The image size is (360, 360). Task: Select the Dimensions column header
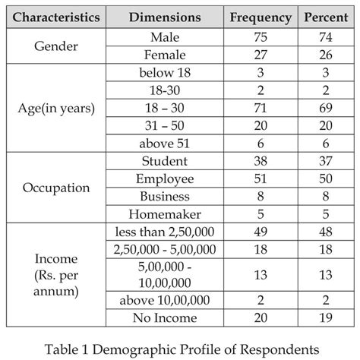[165, 16]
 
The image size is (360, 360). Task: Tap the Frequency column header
[260, 16]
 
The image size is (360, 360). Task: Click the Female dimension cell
[165, 55]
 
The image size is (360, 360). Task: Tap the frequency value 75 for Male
[260, 36]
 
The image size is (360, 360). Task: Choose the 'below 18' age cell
[165, 72]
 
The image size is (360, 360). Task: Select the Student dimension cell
[165, 161]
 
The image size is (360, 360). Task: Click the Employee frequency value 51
[260, 178]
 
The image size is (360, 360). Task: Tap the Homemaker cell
[165, 214]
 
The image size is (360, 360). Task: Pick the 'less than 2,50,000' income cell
[165, 232]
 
